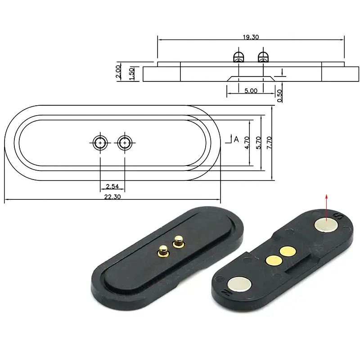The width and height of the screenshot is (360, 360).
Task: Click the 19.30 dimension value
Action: pos(251,37)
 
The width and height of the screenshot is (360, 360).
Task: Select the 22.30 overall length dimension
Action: pos(112,196)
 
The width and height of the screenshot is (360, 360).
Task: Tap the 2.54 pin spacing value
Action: pos(112,186)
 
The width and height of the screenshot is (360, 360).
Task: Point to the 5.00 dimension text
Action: pos(251,90)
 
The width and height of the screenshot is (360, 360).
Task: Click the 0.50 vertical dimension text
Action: pos(280,95)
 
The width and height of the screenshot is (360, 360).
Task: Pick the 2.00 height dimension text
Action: pos(118,72)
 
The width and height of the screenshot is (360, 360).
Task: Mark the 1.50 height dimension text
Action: pos(131,73)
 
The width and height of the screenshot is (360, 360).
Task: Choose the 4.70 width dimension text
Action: pos(246,143)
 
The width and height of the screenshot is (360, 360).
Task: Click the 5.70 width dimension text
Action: pos(258,143)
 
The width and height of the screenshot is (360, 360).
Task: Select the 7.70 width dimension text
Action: pos(270,143)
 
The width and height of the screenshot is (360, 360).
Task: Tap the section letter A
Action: pos(236,139)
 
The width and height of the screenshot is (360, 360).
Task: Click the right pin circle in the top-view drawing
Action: pos(125,143)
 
